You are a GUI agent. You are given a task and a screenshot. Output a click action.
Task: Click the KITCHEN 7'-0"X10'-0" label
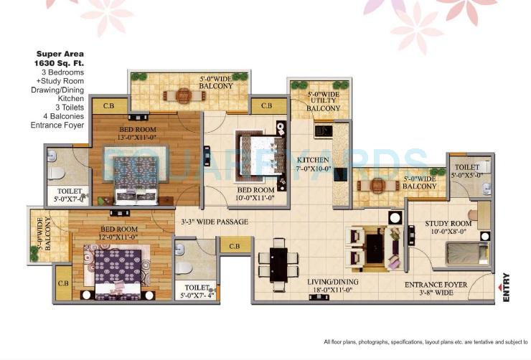[314, 164]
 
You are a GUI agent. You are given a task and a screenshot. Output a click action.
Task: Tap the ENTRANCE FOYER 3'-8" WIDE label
[436, 289]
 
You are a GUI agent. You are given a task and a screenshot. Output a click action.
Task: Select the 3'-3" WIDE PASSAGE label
[215, 222]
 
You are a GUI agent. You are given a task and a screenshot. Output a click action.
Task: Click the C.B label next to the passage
[234, 247]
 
